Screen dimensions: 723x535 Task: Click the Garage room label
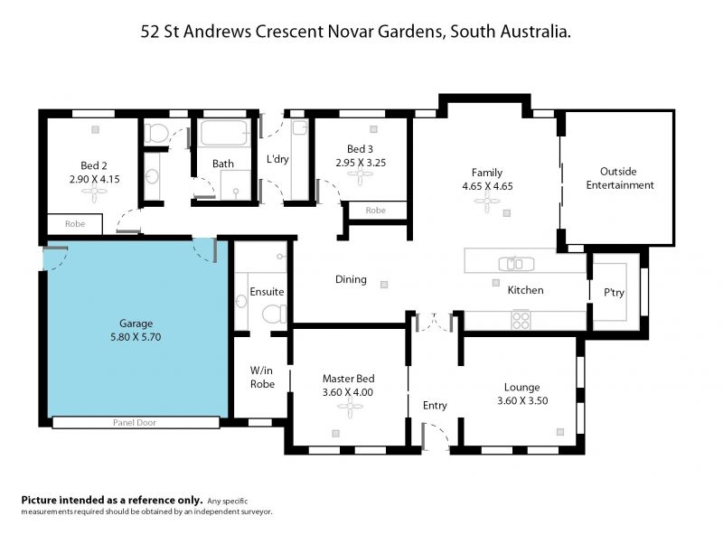point(136,324)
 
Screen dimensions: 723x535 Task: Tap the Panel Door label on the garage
point(135,422)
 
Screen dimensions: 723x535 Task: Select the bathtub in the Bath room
point(225,133)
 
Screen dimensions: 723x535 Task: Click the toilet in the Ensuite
point(274,314)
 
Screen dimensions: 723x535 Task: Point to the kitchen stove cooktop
point(521,321)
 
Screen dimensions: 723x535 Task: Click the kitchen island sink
point(516,264)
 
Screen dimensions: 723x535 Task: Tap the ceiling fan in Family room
point(487,202)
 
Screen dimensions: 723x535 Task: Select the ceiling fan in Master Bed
point(350,407)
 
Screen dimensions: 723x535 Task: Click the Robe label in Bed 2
point(75,224)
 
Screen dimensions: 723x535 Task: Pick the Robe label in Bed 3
point(375,211)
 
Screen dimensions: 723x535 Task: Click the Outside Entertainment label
point(620,178)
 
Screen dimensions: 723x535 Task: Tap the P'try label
point(614,293)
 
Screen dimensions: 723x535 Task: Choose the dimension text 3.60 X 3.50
point(522,400)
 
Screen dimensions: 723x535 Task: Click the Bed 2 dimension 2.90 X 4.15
point(95,179)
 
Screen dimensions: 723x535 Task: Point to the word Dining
point(351,279)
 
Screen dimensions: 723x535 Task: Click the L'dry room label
point(277,159)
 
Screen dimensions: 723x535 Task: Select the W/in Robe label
point(262,377)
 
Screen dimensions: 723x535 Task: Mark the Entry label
point(435,406)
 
